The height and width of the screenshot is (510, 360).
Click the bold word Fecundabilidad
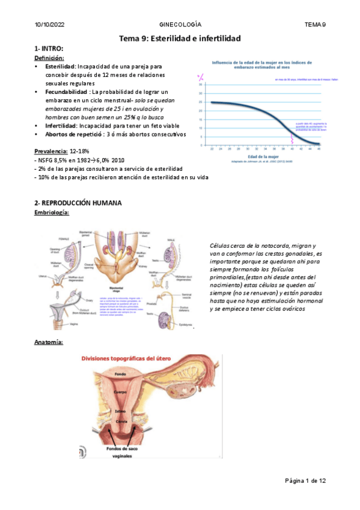[66, 91]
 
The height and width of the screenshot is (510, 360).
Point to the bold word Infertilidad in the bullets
[64, 126]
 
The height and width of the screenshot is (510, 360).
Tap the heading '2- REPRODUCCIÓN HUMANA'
[79, 203]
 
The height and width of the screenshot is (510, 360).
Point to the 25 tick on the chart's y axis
[201, 102]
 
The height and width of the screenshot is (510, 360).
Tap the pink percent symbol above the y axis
[201, 76]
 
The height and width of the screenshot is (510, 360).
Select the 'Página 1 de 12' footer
[305, 481]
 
